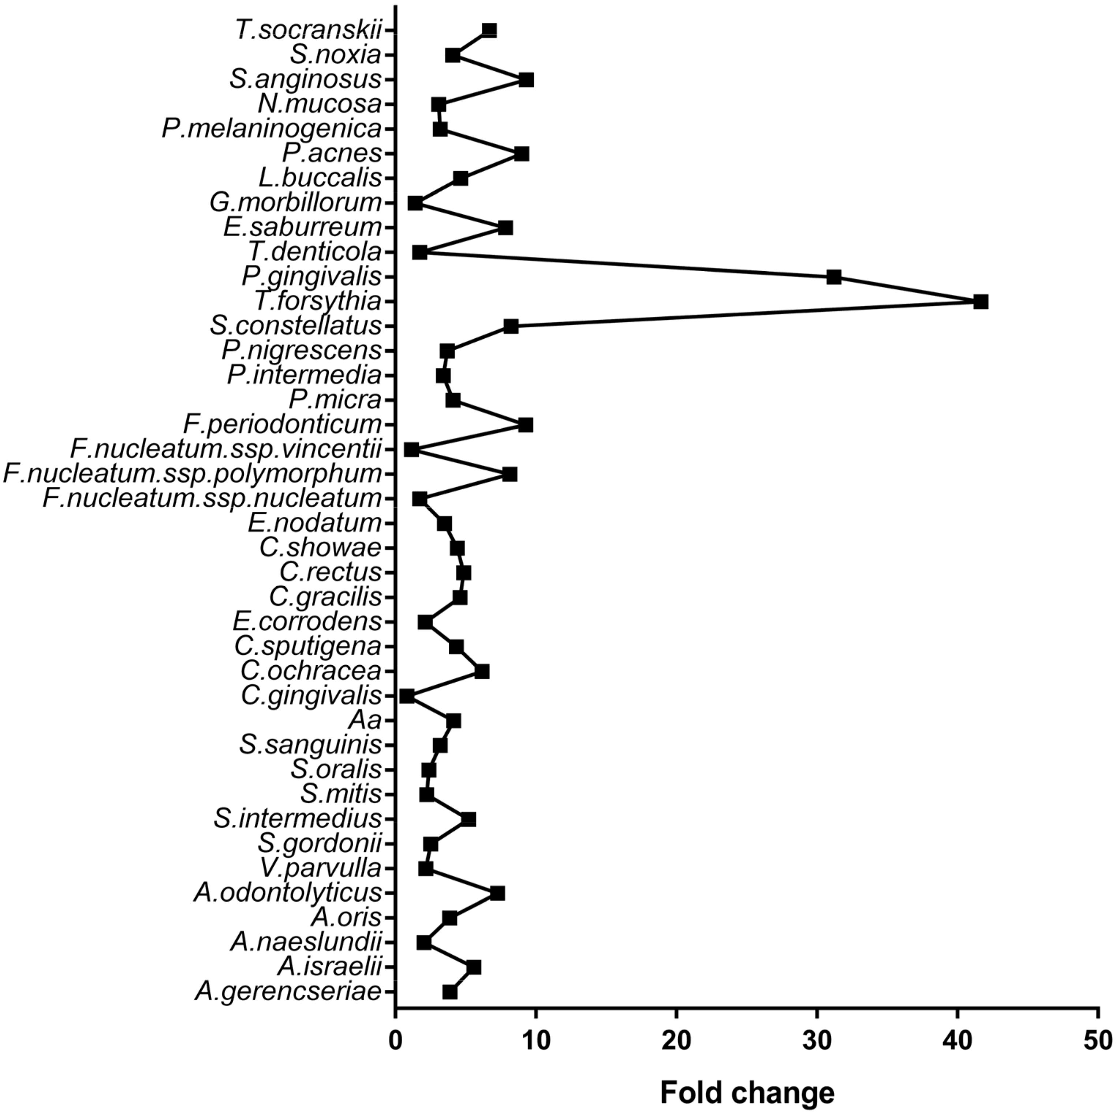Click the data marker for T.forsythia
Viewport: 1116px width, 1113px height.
coord(980,302)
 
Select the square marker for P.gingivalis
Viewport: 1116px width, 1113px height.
coord(833,277)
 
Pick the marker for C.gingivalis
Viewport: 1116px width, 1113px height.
coord(407,696)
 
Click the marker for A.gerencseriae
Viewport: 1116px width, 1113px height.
coord(450,992)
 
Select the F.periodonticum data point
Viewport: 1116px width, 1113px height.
coord(526,425)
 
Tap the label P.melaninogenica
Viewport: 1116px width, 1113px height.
coord(272,129)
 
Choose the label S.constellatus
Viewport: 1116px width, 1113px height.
coord(296,326)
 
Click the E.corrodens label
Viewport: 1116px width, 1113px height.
coord(307,622)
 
